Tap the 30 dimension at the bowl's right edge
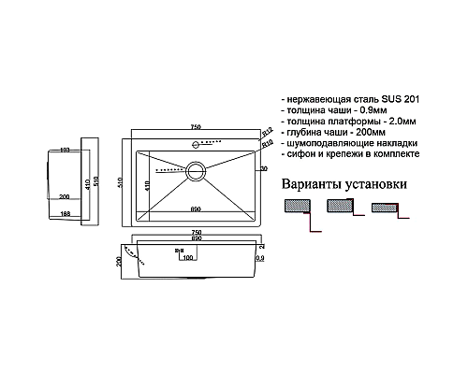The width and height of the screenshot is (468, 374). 264,168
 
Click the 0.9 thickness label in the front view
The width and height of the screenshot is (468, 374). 259,256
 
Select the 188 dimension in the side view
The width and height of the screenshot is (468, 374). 66,214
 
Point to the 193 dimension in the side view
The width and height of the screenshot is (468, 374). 66,150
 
